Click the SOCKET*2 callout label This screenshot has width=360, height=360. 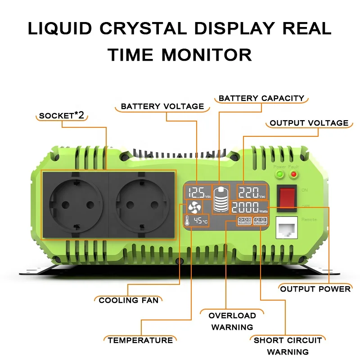[62, 116]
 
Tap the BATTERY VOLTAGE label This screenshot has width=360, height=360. [162, 107]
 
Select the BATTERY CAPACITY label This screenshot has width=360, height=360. [261, 98]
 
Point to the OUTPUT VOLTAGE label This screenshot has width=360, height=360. [309, 123]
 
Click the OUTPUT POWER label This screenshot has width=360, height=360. [315, 288]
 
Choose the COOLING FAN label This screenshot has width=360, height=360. [129, 300]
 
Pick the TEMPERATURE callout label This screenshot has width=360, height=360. [140, 340]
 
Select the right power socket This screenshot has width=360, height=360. [141, 204]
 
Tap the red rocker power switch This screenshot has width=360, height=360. [288, 198]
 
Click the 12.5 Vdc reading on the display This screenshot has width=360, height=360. [198, 193]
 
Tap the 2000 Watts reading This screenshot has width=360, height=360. [250, 208]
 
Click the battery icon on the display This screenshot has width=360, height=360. [221, 199]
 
